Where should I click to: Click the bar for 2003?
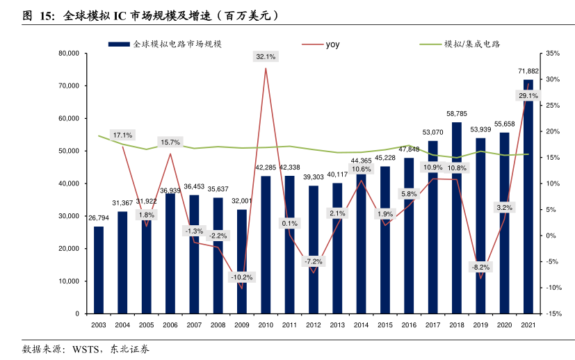click(99, 270)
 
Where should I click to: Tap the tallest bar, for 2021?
click(528, 208)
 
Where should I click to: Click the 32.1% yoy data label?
click(266, 56)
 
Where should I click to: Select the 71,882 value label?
click(528, 71)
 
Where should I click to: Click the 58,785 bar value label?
click(457, 113)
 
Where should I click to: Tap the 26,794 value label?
click(99, 218)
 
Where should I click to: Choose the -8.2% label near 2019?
click(480, 267)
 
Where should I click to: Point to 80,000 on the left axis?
click(69, 54)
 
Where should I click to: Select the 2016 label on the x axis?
click(409, 325)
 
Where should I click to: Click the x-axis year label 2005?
click(146, 325)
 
